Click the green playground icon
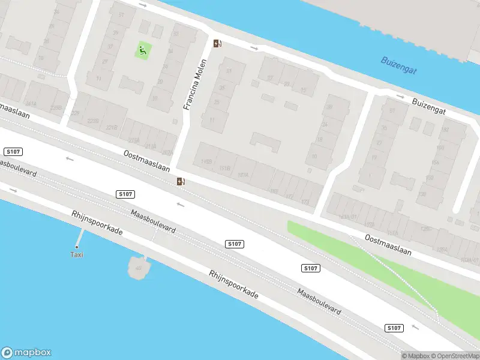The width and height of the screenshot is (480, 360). coord(143,50)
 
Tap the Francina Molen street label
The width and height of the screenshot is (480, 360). coord(196,83)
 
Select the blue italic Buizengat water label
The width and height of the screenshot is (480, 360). coord(398,65)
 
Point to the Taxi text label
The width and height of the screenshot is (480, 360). coord(77,254)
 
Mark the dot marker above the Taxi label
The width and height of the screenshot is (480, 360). coord(77,247)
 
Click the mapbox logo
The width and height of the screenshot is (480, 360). coord(26,353)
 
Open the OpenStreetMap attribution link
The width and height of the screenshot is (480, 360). coord(454,355)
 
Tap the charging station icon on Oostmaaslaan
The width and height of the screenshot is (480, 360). coord(181,181)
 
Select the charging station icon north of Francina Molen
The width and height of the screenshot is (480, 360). coord(217,43)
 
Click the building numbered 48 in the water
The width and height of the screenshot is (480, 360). coord(139,267)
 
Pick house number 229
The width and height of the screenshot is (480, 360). coord(75,113)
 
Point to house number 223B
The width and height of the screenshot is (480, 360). coord(93,121)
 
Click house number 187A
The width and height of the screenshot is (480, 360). coord(244,175)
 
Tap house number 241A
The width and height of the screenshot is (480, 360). coord(31,103)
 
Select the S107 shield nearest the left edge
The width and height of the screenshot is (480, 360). coord(12,151)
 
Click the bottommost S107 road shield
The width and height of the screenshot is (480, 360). coord(393,328)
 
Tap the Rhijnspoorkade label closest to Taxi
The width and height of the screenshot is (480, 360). coord(97,223)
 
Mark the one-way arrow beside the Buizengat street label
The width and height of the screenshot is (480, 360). coord(400,96)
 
